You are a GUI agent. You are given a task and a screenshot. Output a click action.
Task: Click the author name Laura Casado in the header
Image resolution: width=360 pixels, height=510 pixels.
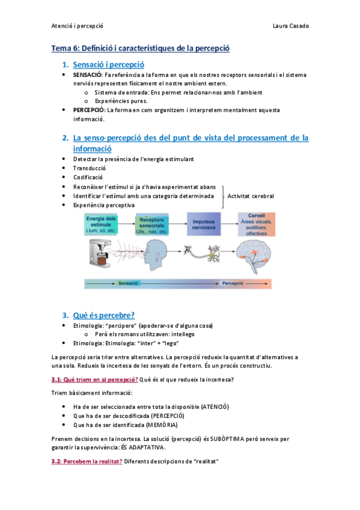[x=291, y=26]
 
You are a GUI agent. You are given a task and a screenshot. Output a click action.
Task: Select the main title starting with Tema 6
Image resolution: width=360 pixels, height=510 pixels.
[x=140, y=48]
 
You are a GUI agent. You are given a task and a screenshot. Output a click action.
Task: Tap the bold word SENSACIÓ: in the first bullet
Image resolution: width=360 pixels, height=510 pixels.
[x=88, y=75]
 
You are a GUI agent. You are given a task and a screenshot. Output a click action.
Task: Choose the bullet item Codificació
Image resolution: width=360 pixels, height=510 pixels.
[x=88, y=177]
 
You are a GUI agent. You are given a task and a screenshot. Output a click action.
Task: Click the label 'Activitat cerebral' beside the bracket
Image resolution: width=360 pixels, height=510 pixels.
[x=251, y=196]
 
